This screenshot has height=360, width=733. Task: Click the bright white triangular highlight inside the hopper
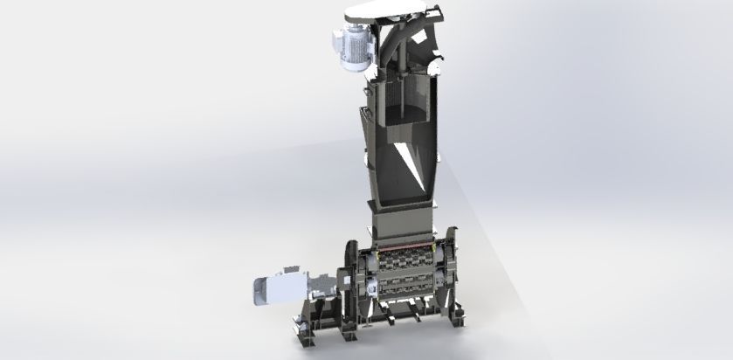tap(410, 163)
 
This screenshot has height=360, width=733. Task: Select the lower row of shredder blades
tap(411, 287)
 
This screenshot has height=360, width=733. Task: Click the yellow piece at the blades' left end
tap(376, 253)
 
